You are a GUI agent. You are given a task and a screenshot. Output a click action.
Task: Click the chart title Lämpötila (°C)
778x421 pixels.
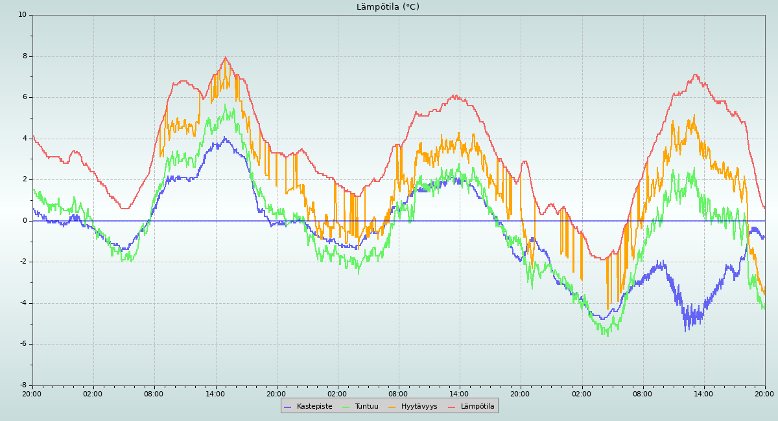388,7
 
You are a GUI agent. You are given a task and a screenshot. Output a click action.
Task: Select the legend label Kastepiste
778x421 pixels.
314,407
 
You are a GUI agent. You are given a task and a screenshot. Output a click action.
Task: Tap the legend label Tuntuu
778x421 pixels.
366,407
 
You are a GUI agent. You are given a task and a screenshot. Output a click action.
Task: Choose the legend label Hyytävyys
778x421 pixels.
419,407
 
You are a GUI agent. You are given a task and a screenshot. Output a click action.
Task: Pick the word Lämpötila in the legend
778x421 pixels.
477,407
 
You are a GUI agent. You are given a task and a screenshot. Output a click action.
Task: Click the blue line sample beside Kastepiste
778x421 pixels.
288,407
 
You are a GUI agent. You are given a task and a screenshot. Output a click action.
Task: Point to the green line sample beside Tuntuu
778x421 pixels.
346,407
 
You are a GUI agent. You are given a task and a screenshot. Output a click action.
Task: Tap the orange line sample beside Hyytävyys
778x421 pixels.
392,407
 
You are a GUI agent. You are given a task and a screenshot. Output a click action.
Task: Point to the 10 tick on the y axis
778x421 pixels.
22,15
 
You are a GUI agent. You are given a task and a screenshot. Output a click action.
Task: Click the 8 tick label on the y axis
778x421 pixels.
25,56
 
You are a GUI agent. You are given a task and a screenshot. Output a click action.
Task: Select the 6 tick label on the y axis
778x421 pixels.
25,97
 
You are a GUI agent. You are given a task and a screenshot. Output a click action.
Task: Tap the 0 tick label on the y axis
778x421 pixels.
25,221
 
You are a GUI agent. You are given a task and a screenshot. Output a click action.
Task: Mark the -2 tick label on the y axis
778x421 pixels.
23,262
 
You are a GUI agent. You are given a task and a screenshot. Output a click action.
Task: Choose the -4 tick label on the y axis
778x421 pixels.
23,303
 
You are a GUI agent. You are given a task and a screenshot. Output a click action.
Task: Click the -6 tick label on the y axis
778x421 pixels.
23,344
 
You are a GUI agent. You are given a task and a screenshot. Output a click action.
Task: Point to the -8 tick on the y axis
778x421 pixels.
23,385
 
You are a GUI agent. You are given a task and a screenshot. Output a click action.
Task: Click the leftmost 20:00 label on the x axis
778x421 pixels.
32,393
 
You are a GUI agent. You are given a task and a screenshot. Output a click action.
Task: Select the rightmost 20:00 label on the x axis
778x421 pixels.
764,393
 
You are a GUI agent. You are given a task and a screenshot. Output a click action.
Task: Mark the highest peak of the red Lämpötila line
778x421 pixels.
226,58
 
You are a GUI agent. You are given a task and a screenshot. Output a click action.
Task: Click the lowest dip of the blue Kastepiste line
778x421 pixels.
686,331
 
